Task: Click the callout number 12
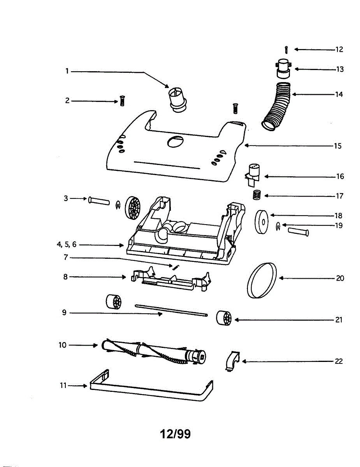click(339, 49)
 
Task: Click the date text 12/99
click(176, 434)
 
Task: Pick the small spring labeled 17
click(256, 195)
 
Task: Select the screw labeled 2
click(122, 101)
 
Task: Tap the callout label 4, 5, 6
click(67, 245)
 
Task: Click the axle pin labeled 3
click(99, 201)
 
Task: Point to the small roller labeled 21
click(224, 318)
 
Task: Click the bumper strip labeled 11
click(152, 391)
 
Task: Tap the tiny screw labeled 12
click(286, 50)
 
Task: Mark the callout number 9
click(64, 312)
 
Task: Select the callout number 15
click(337, 146)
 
